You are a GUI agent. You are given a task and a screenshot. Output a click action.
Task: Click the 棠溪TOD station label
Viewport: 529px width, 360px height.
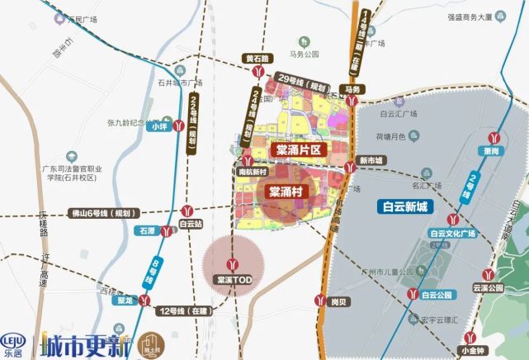click(x=234, y=280)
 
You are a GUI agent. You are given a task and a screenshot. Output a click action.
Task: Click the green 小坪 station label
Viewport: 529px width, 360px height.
click(x=159, y=126)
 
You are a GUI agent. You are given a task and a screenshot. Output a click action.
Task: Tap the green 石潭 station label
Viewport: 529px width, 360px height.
click(x=148, y=233)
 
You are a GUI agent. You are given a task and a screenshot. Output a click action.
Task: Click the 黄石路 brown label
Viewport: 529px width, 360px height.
click(x=257, y=59)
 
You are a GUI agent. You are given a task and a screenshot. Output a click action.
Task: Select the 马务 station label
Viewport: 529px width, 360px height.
click(x=353, y=88)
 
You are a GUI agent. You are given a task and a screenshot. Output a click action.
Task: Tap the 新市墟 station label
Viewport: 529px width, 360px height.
click(x=371, y=160)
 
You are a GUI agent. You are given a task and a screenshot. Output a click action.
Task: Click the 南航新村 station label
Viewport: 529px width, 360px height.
click(x=251, y=172)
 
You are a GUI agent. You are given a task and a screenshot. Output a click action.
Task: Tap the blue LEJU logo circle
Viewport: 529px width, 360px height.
click(x=14, y=340)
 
